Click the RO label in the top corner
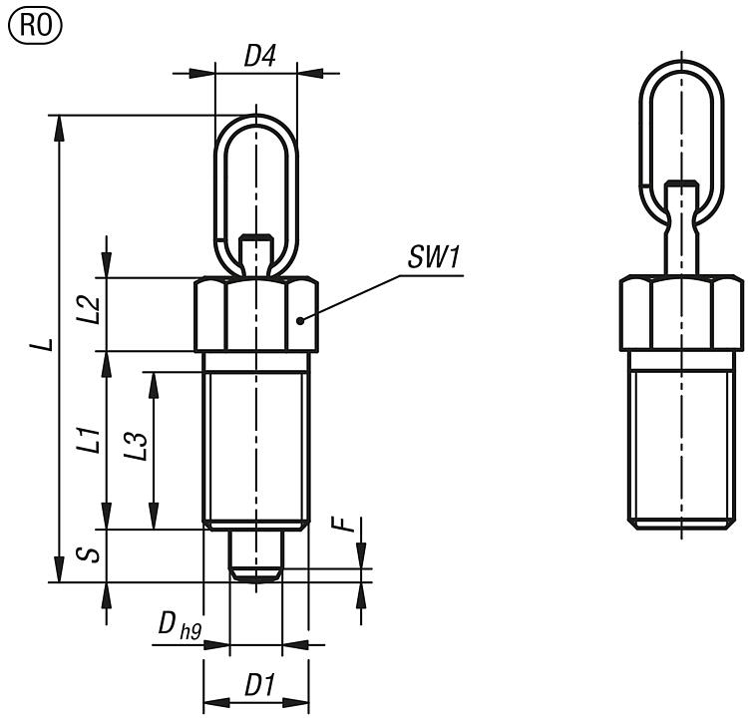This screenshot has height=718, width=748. [34, 24]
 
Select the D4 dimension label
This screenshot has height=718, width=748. [259, 57]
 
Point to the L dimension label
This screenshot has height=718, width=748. [41, 344]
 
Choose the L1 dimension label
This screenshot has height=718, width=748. [89, 440]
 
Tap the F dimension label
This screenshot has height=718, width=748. [348, 526]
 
